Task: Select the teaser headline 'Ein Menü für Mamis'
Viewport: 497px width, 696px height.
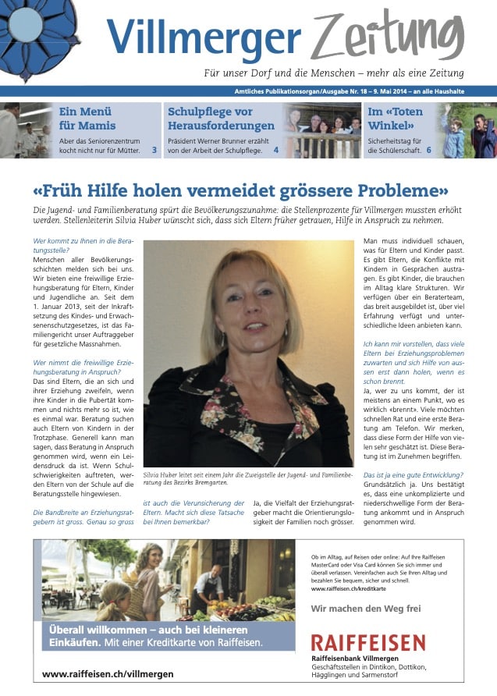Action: point(87,119)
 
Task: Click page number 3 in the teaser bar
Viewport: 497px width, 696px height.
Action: point(154,150)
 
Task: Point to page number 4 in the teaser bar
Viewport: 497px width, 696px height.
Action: point(275,150)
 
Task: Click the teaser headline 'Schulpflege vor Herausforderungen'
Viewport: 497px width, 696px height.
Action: point(221,119)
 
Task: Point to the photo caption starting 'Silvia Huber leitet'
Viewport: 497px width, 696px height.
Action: point(247,478)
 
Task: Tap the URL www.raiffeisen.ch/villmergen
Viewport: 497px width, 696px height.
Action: point(108,673)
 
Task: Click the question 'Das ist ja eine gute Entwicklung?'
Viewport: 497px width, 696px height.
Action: point(413,475)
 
